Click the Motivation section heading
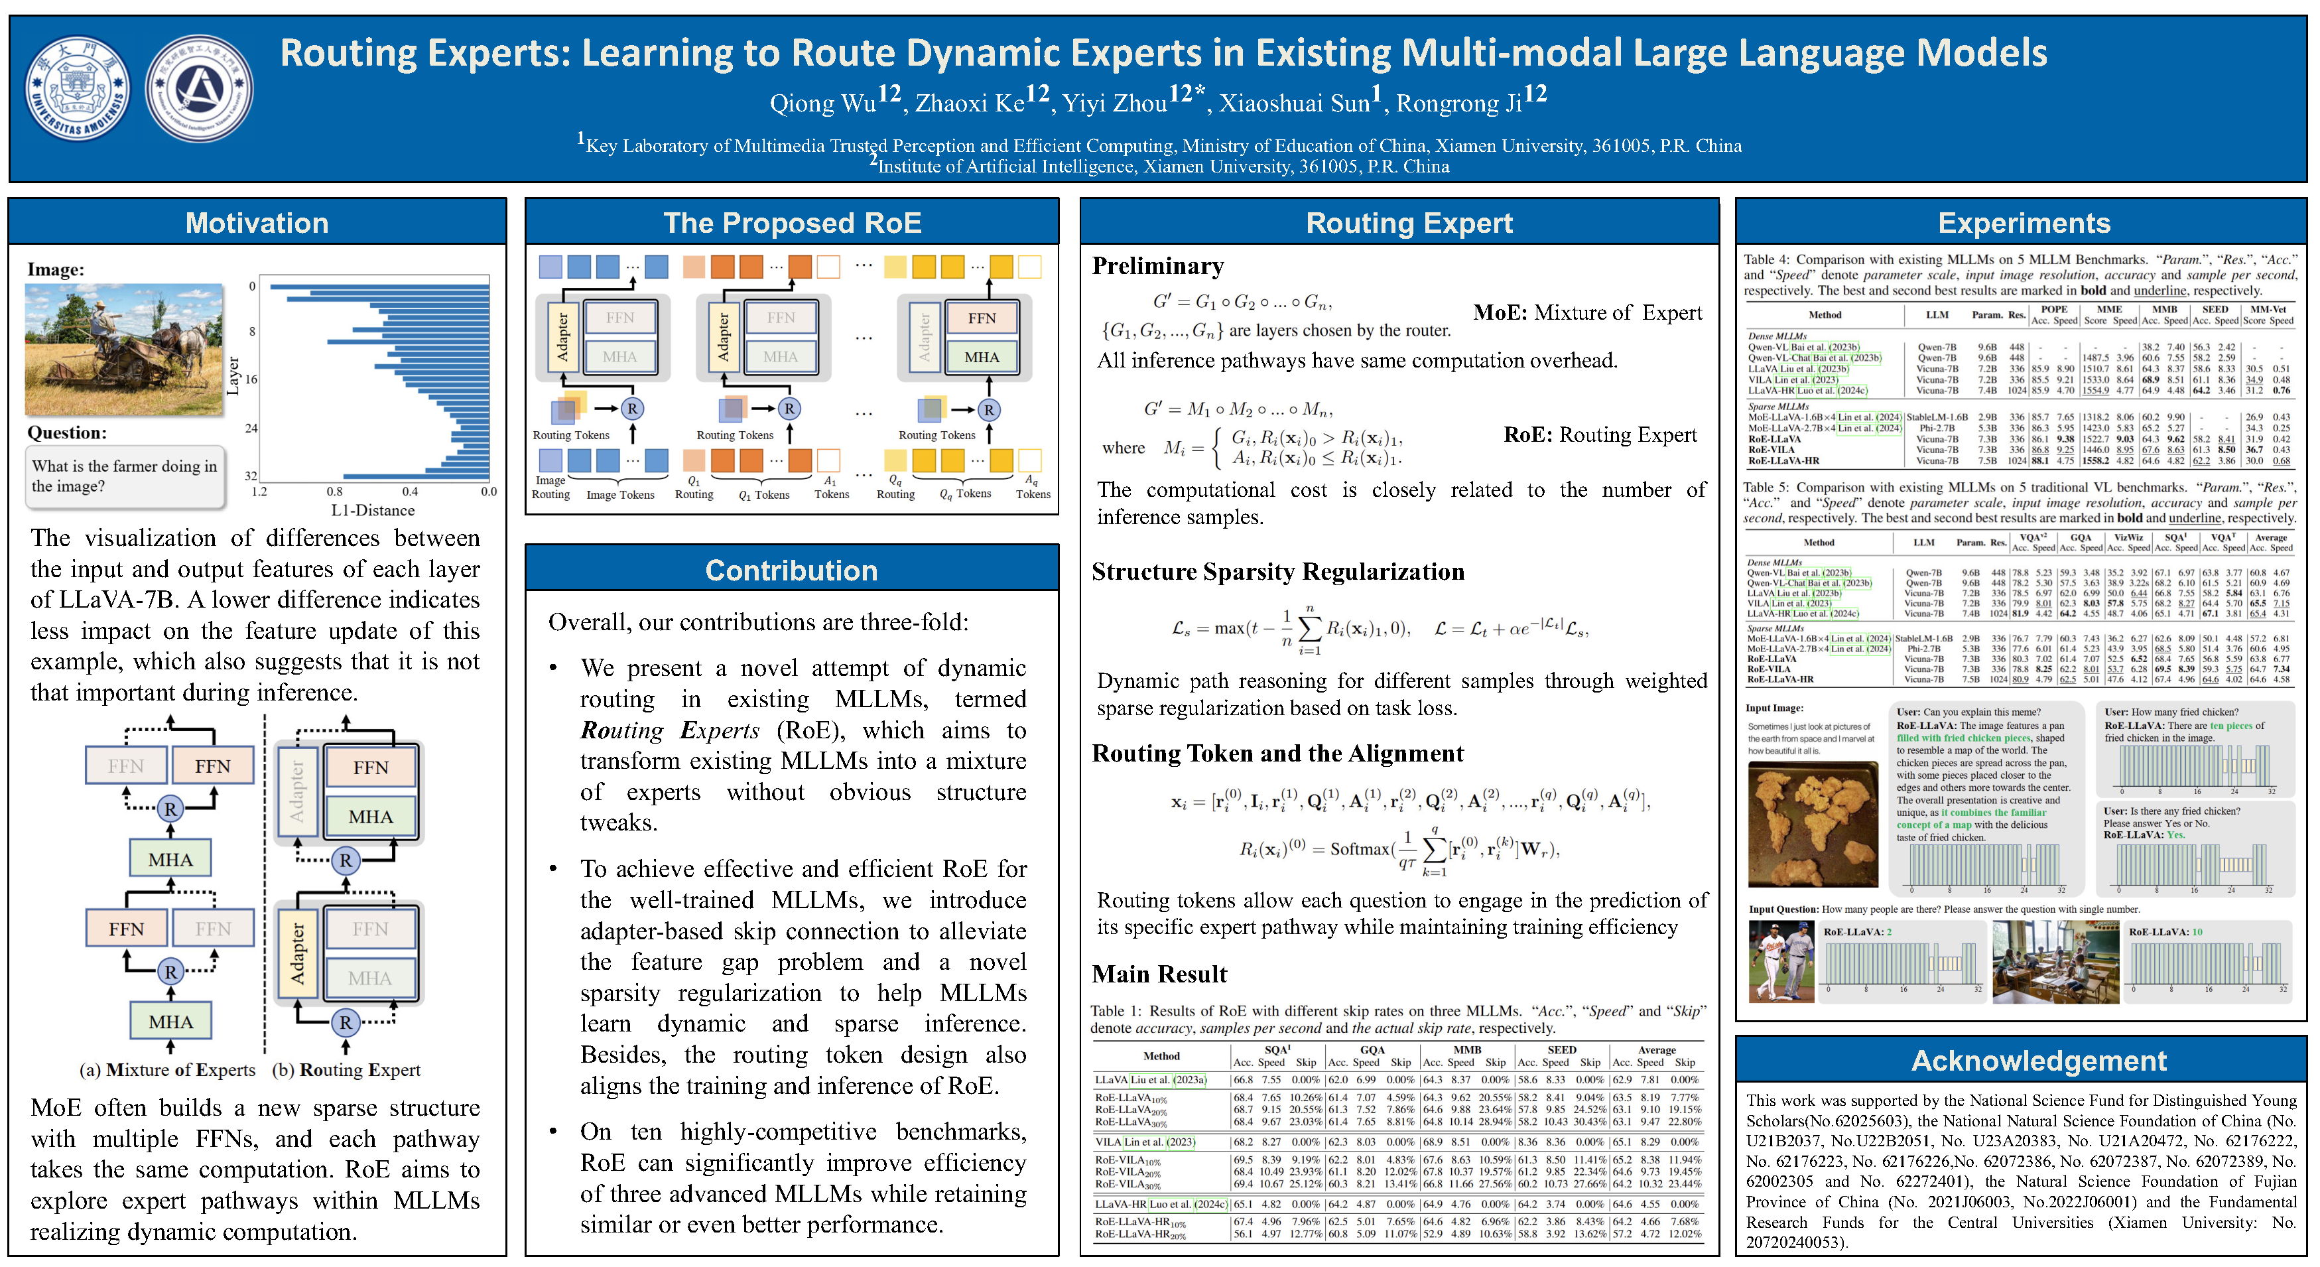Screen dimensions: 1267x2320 click(257, 224)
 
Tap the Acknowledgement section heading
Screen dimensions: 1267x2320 click(2038, 1061)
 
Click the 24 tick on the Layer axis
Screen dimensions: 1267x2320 click(251, 428)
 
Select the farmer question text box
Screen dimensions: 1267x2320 click(124, 476)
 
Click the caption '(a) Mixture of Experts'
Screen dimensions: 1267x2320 click(168, 1070)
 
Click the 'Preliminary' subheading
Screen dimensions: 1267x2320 click(1157, 267)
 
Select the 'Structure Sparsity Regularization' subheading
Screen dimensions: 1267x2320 click(1277, 572)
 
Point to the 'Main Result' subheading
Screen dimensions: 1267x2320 click(1159, 974)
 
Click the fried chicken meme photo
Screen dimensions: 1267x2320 click(1812, 824)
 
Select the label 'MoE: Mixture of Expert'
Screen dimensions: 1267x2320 click(1587, 312)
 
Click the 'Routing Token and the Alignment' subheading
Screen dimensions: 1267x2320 click(1277, 754)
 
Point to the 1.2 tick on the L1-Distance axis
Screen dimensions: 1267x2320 click(259, 492)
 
